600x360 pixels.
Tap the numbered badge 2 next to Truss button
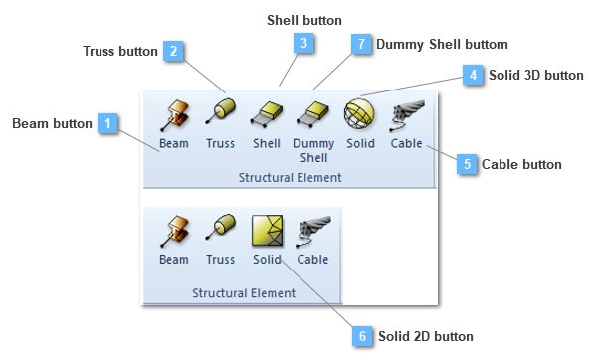tap(173, 51)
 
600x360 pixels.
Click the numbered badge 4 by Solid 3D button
tap(473, 76)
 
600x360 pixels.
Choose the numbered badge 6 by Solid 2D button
tap(363, 336)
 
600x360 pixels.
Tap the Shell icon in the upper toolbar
tap(266, 113)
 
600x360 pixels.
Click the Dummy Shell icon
tap(313, 113)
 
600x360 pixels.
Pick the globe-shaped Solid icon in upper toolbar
tap(359, 113)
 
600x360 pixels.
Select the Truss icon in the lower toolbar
tap(220, 230)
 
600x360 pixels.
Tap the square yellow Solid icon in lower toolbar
tap(267, 230)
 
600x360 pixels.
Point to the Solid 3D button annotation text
tap(535, 76)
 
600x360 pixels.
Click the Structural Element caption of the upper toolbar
tap(290, 177)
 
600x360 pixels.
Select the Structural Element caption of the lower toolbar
tap(244, 293)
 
